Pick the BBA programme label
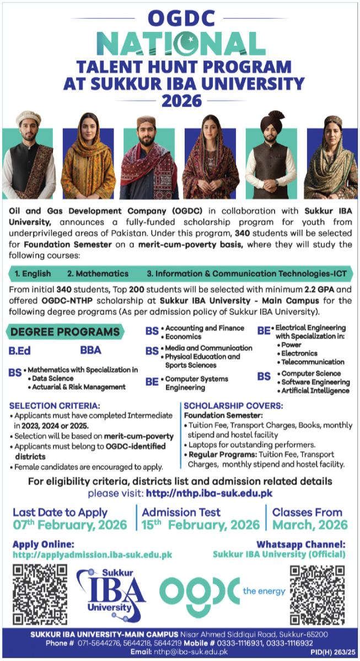pyautogui.click(x=91, y=350)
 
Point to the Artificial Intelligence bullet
pyautogui.click(x=315, y=391)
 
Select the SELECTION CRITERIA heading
pyautogui.click(x=47, y=405)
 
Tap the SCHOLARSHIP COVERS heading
pyautogui.click(x=233, y=405)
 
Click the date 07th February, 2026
pyautogui.click(x=69, y=525)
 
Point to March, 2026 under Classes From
pyautogui.click(x=310, y=525)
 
